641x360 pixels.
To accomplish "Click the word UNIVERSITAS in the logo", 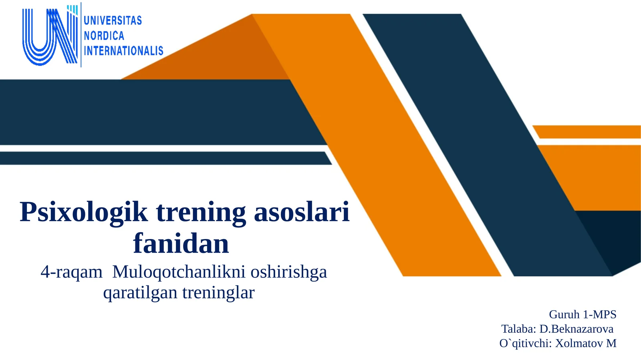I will click(x=113, y=20).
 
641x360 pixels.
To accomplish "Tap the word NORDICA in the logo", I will click(x=104, y=36).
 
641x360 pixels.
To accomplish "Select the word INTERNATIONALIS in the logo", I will click(x=123, y=51).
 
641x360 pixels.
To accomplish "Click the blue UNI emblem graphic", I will click(x=50, y=36).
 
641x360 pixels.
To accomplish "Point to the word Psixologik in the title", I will click(x=84, y=212).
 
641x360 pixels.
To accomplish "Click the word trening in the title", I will click(x=201, y=212).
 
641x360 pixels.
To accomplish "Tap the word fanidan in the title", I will click(x=181, y=243).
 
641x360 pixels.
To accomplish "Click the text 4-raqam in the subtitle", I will click(x=71, y=272).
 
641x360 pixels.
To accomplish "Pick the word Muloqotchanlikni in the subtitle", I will click(x=179, y=272).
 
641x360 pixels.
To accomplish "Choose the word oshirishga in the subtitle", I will click(x=289, y=272).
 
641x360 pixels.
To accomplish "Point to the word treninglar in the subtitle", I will click(x=218, y=293).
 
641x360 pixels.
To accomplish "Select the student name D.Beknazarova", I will click(x=576, y=329).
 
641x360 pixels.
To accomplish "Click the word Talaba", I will click(x=518, y=329).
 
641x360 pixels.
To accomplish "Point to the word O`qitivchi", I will click(x=525, y=344).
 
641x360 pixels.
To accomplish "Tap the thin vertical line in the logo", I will click(x=81, y=35).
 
